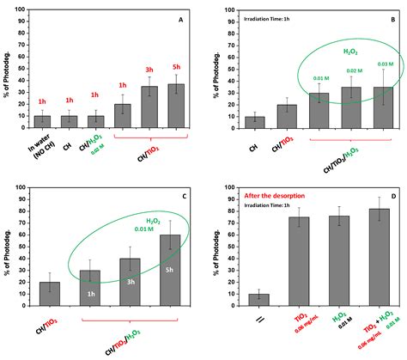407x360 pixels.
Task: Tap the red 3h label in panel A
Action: click(x=149, y=70)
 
